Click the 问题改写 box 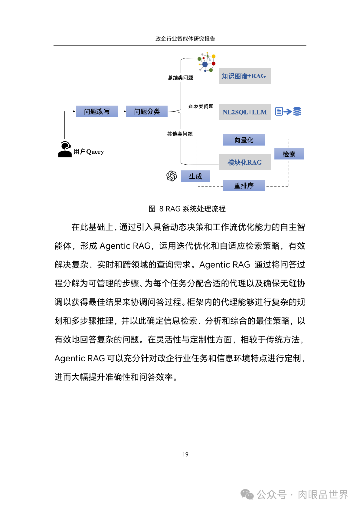click(97, 111)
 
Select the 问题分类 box click(147, 111)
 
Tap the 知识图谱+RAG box click(244, 76)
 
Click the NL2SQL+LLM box click(244, 112)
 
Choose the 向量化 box click(244, 140)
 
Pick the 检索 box click(289, 154)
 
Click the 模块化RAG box click(244, 162)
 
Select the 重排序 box click(244, 185)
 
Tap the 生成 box click(195, 176)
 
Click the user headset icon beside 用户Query click(65, 149)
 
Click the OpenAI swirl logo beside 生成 click(172, 176)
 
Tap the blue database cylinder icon click(297, 111)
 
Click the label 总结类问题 click(180, 78)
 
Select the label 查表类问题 click(201, 106)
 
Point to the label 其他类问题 click(180, 134)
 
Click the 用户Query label click(89, 152)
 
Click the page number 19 click(185, 454)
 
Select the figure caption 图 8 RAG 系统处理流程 click(187, 209)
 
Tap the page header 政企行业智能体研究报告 click(185, 39)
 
